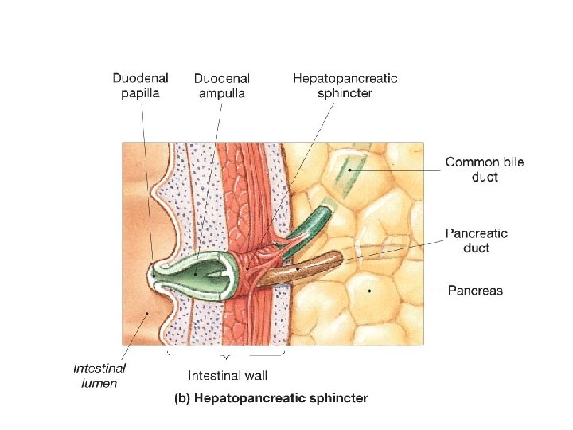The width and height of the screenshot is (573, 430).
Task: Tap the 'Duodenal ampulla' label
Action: point(221,85)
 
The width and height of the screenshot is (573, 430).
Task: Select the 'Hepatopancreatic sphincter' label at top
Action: point(345,85)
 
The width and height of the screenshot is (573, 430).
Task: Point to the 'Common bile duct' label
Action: point(485,170)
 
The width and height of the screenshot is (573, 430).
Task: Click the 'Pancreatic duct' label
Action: point(476,240)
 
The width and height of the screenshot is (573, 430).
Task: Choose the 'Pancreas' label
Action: point(475,291)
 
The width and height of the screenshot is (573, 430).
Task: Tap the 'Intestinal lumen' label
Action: point(99,375)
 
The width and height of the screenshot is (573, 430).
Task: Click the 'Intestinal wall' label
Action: point(228,375)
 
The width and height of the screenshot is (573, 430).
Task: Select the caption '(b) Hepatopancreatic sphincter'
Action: point(271,397)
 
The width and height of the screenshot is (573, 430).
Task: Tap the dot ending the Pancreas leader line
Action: point(369,291)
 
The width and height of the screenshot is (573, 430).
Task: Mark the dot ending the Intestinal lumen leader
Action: point(146,315)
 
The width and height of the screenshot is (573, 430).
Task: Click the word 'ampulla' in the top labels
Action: point(222,92)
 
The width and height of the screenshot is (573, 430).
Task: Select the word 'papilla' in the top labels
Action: point(140,92)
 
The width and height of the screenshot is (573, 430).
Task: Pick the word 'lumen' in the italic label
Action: point(99,383)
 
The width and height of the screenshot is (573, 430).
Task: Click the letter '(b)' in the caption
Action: point(181,397)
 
